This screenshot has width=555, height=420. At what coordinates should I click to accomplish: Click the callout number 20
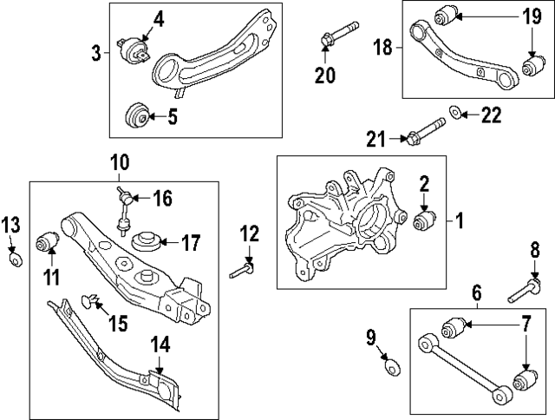325,75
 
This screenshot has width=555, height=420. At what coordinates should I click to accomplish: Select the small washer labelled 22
455,113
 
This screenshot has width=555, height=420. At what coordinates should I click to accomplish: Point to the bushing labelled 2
425,220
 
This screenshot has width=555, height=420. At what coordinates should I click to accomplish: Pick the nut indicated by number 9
392,367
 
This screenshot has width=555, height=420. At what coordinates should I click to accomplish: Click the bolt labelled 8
524,290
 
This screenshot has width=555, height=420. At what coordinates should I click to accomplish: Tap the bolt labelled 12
242,270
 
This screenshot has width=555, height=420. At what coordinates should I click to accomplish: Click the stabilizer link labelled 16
124,212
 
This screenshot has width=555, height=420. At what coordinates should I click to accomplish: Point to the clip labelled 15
88,301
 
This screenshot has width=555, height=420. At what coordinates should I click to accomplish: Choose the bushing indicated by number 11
48,241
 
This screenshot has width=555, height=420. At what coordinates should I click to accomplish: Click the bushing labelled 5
137,116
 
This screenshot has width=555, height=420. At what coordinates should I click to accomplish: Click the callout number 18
382,47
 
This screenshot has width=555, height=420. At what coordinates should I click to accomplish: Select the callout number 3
96,53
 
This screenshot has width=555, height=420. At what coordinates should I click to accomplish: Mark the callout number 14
160,345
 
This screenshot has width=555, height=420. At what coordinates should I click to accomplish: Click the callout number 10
120,162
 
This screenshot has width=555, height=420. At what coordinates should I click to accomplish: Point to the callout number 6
477,292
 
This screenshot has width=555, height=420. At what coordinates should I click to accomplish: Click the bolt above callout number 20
339,33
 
